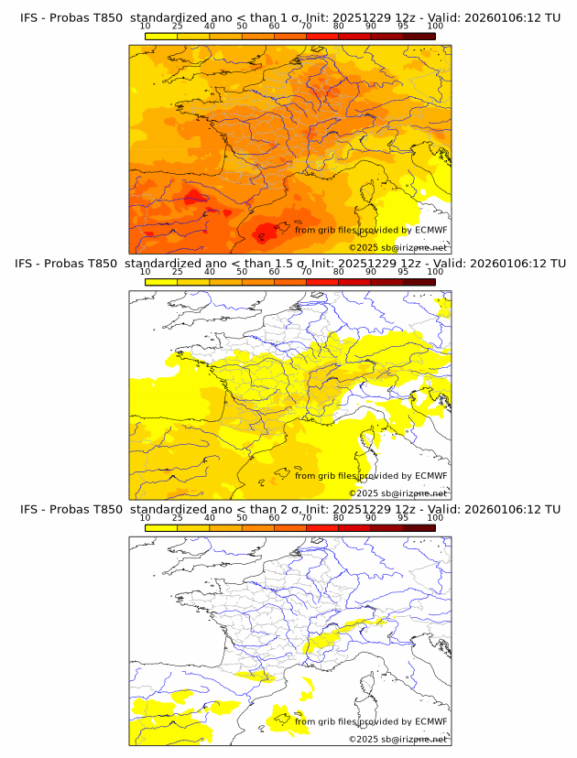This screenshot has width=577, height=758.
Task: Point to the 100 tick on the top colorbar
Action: pyautogui.click(x=435, y=27)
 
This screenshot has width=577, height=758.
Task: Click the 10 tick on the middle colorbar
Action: pyautogui.click(x=146, y=272)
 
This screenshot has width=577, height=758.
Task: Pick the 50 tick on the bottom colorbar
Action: pyautogui.click(x=242, y=517)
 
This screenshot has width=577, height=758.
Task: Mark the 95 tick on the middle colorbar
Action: pyautogui.click(x=403, y=272)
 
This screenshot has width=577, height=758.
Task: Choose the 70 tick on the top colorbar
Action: pyautogui.click(x=306, y=27)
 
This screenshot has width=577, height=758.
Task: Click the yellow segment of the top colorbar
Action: pyautogui.click(x=161, y=36)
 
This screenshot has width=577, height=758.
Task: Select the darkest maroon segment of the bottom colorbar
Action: pyautogui.click(x=419, y=527)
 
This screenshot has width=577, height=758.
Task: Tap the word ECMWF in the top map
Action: pyautogui.click(x=431, y=230)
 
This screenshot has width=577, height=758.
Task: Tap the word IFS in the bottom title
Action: pyautogui.click(x=29, y=509)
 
